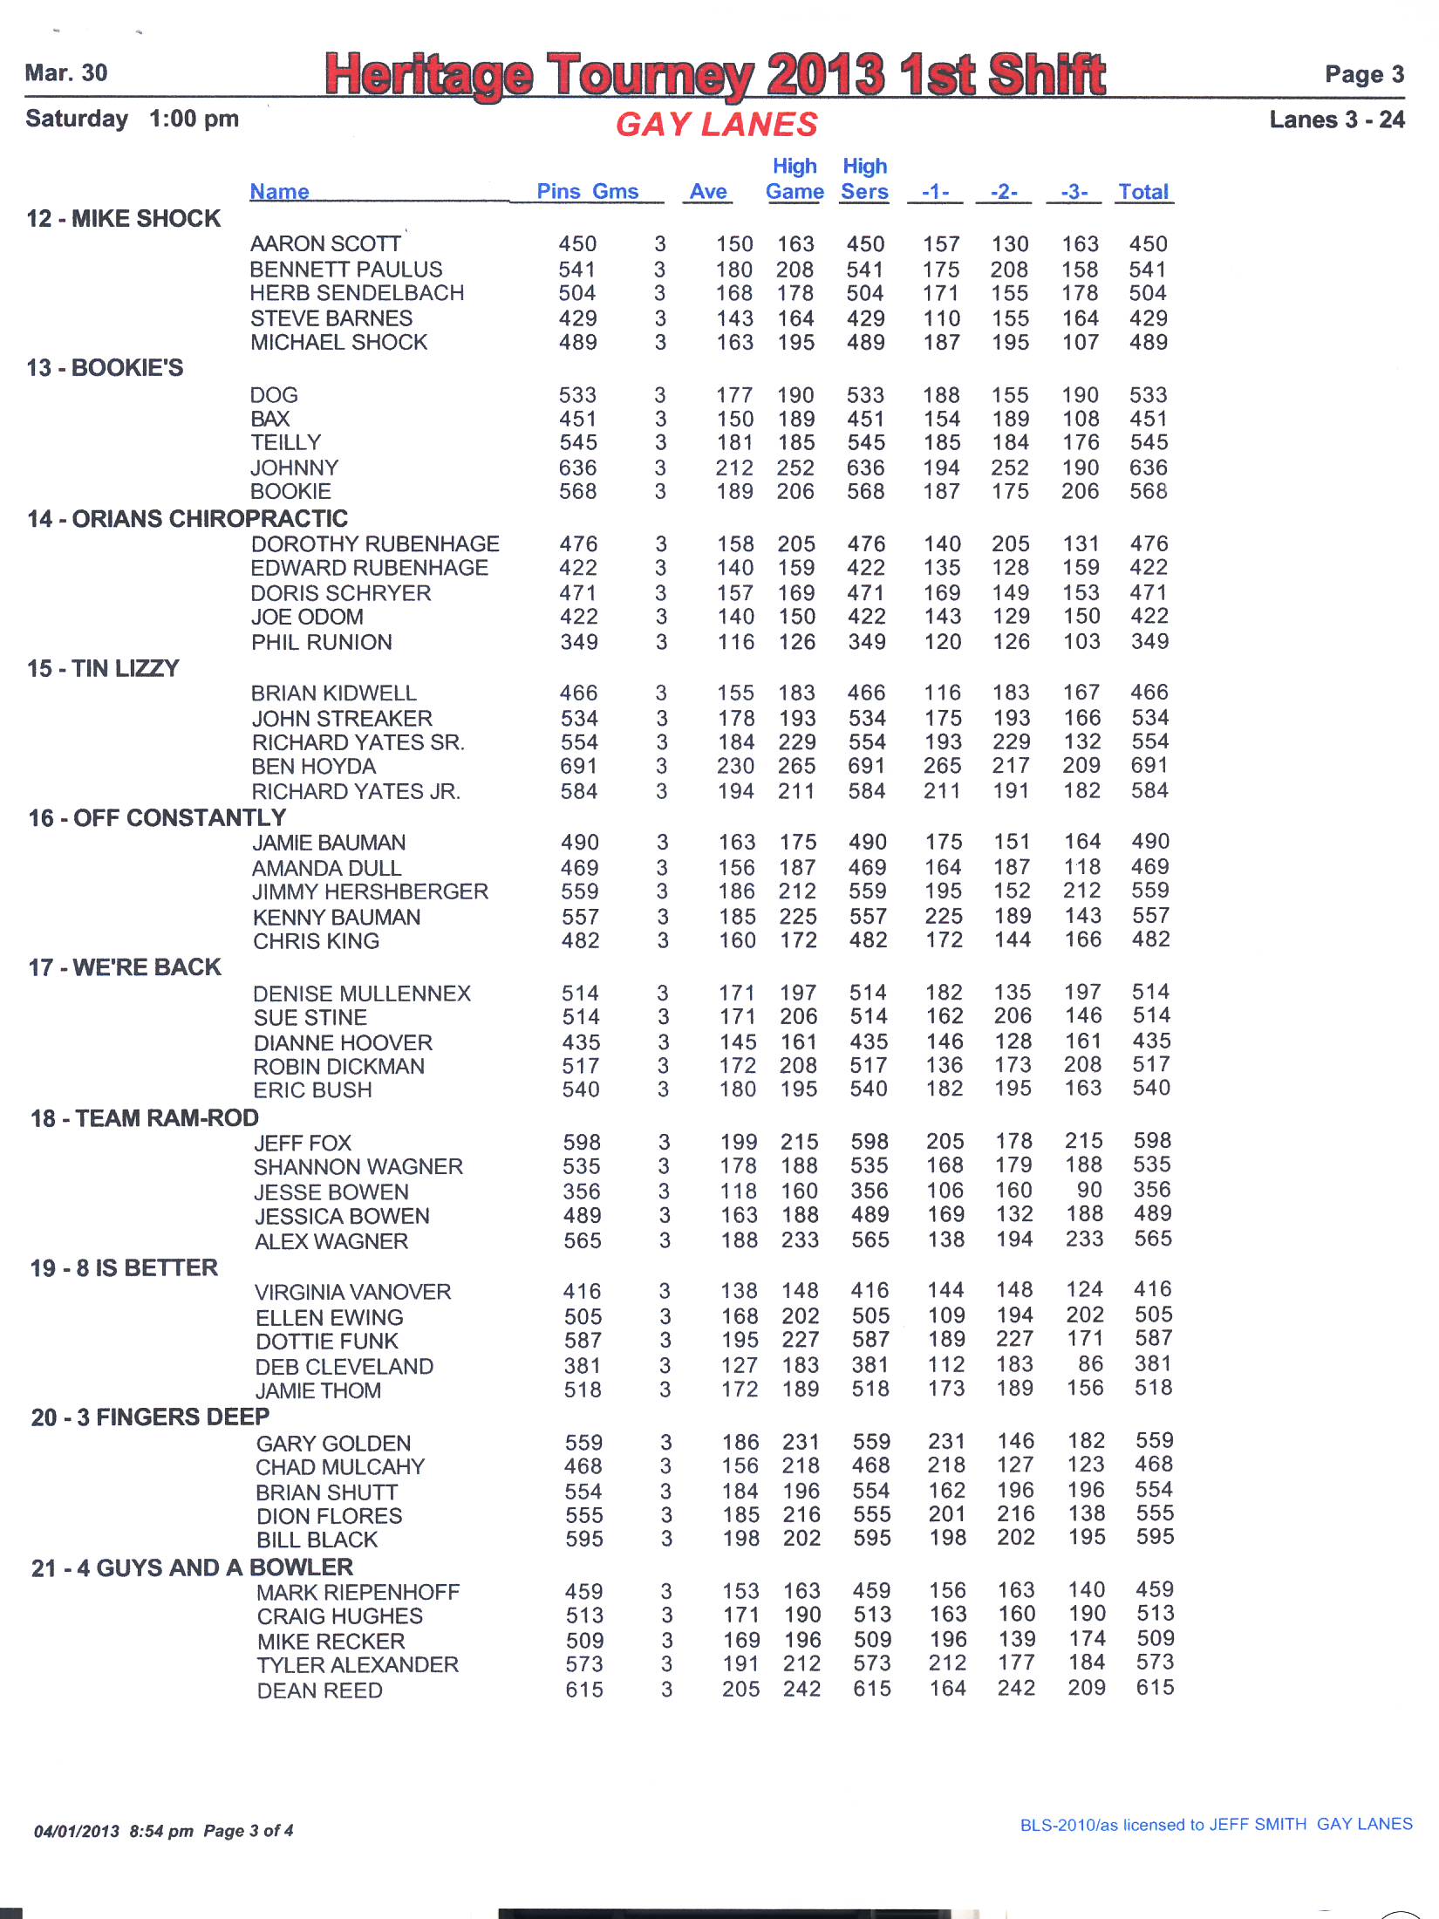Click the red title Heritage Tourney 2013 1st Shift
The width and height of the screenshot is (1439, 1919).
pos(715,74)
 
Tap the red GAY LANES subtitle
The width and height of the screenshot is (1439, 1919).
pos(717,125)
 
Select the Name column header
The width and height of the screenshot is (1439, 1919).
pos(279,192)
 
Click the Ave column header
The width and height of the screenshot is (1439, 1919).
pos(708,192)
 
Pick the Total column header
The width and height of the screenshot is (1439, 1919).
pos(1143,192)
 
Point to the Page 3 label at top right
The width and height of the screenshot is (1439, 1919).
pos(1364,74)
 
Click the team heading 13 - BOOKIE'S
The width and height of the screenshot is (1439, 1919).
pos(105,368)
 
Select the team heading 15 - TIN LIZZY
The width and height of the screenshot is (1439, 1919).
pos(103,669)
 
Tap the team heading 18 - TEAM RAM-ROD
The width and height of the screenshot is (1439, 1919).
pos(145,1118)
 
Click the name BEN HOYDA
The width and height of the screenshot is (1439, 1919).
pos(314,767)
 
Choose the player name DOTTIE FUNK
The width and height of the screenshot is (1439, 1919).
pos(327,1342)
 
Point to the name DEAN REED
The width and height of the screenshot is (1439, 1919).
pos(320,1690)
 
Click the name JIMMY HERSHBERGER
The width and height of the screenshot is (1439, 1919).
pos(371,892)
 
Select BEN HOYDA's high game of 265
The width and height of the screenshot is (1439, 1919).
pos(797,766)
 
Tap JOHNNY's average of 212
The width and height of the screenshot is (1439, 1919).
pos(735,468)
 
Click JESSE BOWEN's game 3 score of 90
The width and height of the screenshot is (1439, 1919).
pos(1089,1191)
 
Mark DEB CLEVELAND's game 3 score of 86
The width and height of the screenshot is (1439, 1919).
pos(1090,1364)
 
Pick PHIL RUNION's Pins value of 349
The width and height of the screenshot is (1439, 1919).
pos(579,643)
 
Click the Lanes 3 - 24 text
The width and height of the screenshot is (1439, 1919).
pos(1337,120)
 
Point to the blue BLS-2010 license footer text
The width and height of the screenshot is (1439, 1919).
pos(1216,1825)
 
